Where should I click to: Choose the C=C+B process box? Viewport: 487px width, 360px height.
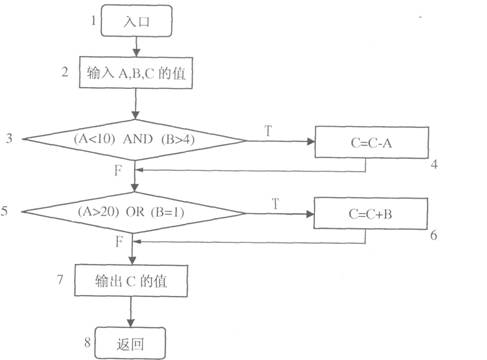371,212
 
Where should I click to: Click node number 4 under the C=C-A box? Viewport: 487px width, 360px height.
435,163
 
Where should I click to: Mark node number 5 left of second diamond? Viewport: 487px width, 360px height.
8,211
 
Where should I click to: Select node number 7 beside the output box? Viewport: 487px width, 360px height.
62,280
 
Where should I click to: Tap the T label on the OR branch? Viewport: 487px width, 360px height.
274,202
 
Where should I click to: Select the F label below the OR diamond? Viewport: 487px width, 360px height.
119,242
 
